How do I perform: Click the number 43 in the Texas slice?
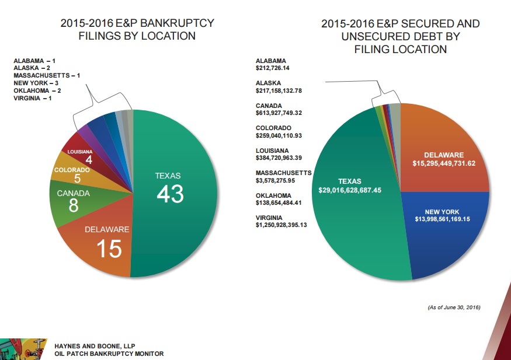coord(170,194)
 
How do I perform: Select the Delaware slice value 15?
coord(109,249)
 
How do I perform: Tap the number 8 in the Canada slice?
coord(73,206)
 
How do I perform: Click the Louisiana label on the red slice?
coord(80,152)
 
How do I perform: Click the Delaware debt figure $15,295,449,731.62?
coord(443,163)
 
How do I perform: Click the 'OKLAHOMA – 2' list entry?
coord(37,90)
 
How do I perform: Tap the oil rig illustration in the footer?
coord(23,348)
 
